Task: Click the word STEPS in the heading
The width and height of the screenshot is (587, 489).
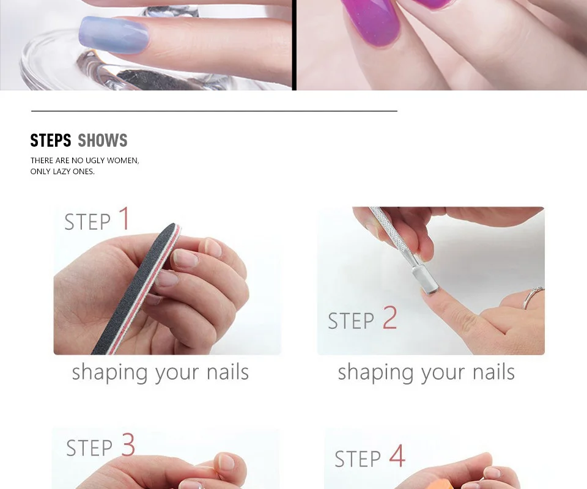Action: click(51, 141)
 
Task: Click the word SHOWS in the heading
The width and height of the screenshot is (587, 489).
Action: click(103, 141)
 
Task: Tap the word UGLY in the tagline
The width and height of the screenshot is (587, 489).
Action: click(95, 161)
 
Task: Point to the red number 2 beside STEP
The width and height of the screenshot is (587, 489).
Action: click(389, 317)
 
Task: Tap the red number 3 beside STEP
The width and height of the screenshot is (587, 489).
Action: click(128, 444)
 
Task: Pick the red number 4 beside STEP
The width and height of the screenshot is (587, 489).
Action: click(397, 456)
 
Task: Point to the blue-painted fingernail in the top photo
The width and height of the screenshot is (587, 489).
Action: click(114, 35)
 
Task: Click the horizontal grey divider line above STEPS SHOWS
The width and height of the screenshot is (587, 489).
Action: click(214, 111)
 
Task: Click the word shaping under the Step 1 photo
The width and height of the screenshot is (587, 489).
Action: click(110, 373)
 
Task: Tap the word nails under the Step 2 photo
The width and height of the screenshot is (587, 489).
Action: click(493, 372)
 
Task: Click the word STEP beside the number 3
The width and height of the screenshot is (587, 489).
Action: click(89, 448)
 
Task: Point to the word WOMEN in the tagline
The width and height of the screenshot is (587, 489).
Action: click(123, 161)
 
